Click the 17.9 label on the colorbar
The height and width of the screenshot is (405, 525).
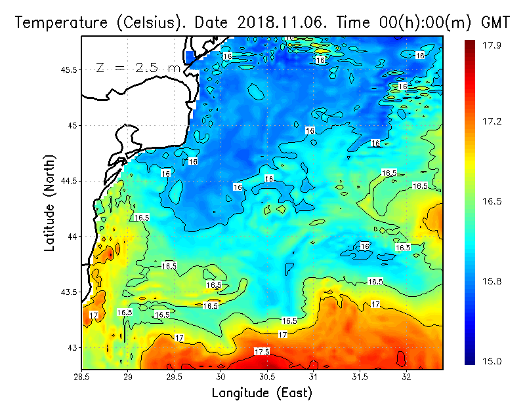pos(493,45)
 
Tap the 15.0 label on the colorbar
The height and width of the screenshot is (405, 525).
pos(493,361)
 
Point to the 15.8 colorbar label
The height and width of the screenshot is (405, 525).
pos(493,281)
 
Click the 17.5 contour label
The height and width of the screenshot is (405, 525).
pos(261,352)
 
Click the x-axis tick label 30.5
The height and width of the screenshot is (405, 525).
pos(266,377)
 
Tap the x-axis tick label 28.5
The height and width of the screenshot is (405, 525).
pos(81,377)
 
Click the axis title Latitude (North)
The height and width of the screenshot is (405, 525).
pos(50,203)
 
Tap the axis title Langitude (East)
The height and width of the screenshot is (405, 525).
pos(262,393)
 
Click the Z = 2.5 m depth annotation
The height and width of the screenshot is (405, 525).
pos(138,67)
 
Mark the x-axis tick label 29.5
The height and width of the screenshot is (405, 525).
pos(174,377)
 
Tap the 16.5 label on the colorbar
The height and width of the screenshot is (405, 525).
pos(493,201)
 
